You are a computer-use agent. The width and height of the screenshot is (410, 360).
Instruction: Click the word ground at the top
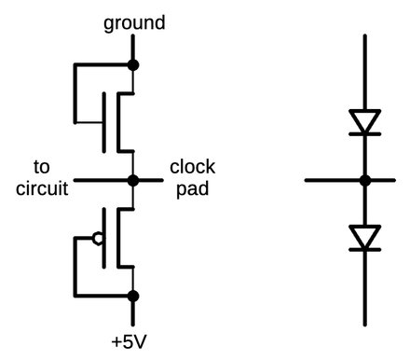pos(135,21)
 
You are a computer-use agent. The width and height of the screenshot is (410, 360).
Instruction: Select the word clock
pos(192,167)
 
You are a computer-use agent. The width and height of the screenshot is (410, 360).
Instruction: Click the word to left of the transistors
pos(42,167)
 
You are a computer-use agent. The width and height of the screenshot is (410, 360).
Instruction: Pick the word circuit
pos(42,188)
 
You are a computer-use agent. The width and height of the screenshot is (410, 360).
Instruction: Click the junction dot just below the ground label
pos(133,65)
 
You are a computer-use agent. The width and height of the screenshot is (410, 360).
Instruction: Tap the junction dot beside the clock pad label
pos(133,180)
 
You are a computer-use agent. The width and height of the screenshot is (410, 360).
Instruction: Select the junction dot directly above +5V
pos(133,297)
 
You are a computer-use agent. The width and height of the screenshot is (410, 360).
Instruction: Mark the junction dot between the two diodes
pos(365,180)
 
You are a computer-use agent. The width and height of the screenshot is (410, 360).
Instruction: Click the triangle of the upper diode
pos(365,120)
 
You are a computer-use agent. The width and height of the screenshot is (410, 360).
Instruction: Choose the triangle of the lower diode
pos(365,237)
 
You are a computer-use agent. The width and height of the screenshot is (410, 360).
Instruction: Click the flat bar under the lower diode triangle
pos(365,251)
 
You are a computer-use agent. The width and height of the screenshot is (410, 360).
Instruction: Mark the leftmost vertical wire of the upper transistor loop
pos(72,93)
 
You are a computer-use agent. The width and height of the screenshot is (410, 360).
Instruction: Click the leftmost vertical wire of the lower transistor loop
pos(72,267)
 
